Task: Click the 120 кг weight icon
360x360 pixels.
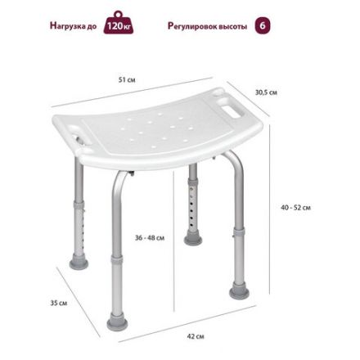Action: tap(119, 25)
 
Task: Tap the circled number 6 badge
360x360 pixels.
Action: tap(263, 25)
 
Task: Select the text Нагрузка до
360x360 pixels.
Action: tap(74, 26)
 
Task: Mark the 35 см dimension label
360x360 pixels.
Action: tap(57, 303)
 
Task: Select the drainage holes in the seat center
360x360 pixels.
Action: tap(155, 122)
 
